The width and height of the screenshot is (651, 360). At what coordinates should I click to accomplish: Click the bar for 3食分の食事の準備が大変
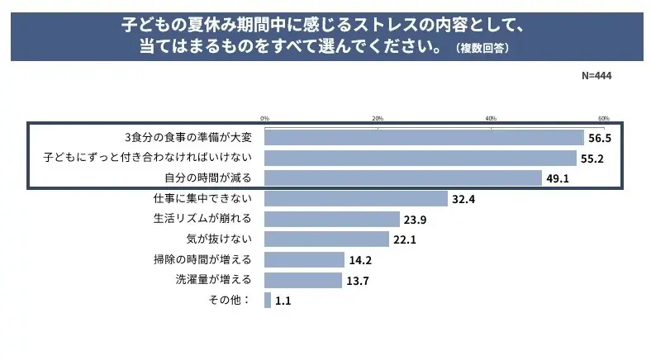coord(424,137)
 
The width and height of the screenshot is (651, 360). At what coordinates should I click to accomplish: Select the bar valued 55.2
coord(421,158)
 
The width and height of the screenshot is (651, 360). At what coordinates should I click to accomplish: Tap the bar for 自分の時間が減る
coord(403,178)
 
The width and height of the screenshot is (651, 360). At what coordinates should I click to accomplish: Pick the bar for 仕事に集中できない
coord(356,198)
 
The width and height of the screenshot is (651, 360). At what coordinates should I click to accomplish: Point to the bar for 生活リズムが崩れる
coord(332,219)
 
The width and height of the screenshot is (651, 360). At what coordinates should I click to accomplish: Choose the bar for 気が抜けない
coord(327,239)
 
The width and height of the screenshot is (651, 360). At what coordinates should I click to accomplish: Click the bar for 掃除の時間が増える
coord(305,259)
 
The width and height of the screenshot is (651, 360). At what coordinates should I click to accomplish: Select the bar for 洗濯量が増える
coord(303,280)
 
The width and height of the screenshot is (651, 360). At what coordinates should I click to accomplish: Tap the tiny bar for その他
coord(268,301)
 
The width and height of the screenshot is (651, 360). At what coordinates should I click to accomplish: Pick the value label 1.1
coord(283,301)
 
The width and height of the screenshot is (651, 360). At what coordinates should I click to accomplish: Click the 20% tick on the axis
coord(378,118)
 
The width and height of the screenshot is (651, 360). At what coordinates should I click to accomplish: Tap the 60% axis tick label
coord(603,118)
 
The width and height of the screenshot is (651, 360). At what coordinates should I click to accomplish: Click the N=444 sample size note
coord(596,75)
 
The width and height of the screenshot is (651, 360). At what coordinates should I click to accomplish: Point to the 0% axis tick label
coord(265,118)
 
